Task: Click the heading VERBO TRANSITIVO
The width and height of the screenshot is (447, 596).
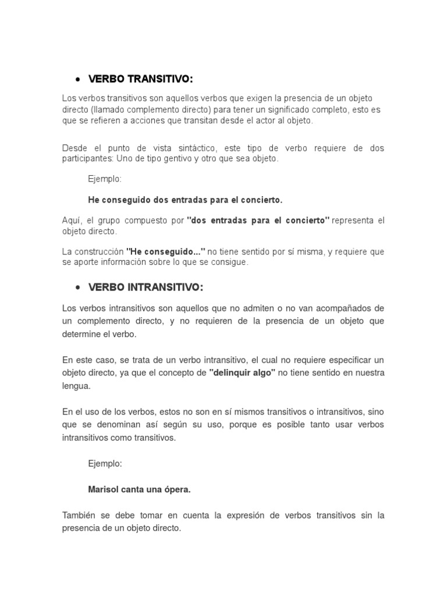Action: [x=140, y=79]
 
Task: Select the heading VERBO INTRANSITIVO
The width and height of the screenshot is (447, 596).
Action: [x=146, y=287]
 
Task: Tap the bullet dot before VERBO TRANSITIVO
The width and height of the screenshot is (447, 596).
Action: [x=77, y=79]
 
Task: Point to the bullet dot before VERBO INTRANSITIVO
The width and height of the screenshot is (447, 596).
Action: [x=77, y=288]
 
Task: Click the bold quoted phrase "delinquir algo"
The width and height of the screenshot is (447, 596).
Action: [x=242, y=372]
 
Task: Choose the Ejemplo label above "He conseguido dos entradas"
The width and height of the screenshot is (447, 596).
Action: [x=105, y=179]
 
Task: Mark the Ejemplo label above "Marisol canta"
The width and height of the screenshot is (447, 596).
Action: [x=105, y=464]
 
